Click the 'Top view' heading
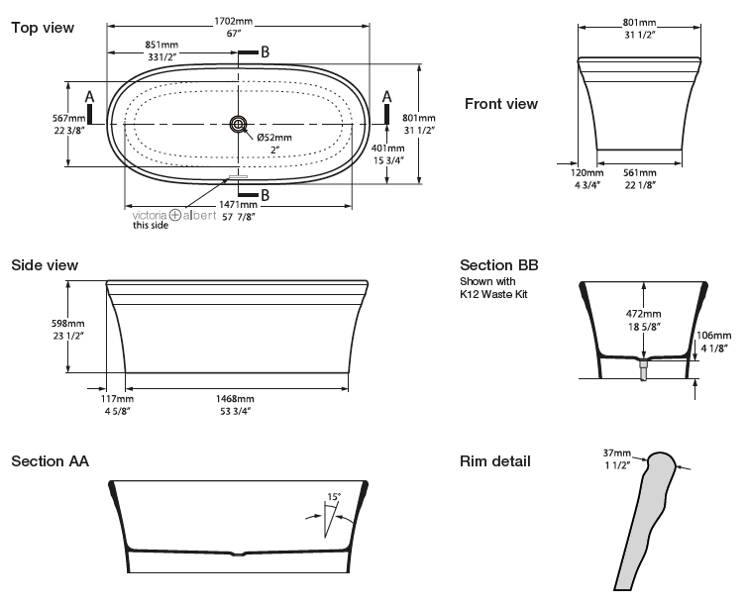point(43,28)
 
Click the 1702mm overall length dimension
point(233,22)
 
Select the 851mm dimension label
point(161,45)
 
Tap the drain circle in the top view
point(238,125)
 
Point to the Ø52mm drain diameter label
point(274,138)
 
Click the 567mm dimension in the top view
point(69,118)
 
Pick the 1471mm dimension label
point(238,205)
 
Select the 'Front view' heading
point(501,104)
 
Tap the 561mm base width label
point(640,173)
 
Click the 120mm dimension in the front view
point(587,173)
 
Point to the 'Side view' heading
point(45,265)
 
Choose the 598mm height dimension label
point(68,324)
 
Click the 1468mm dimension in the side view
point(235,399)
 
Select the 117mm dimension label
point(117,399)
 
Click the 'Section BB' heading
point(499,265)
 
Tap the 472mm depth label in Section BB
point(644,314)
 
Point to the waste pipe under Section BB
point(644,370)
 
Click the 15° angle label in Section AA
point(334,497)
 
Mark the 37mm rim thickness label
point(617,453)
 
